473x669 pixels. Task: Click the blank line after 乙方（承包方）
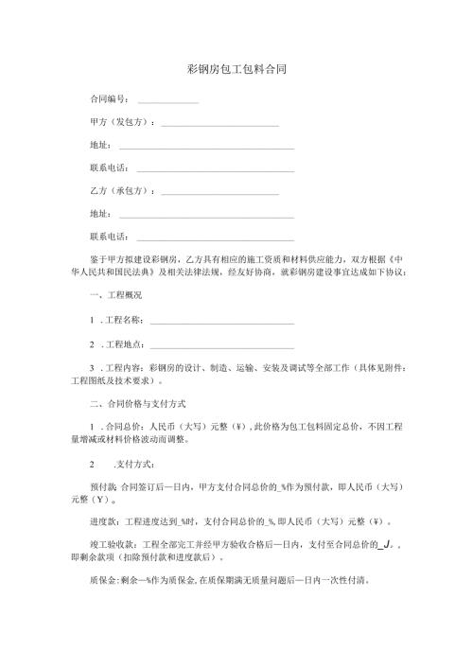coord(219,194)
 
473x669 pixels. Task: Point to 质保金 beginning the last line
coord(102,580)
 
